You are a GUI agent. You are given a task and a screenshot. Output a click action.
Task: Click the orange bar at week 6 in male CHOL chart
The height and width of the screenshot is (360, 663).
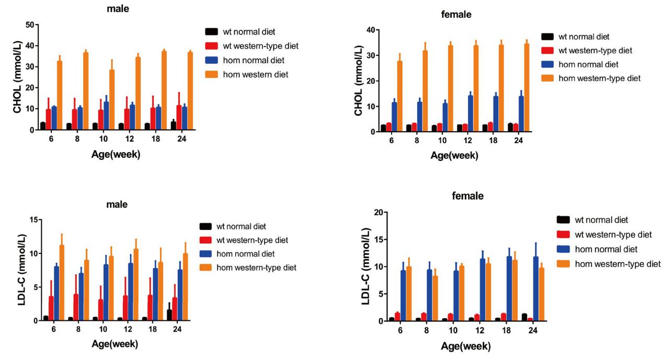click(x=60, y=95)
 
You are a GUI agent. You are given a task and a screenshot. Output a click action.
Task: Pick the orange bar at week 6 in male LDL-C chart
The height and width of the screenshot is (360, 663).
click(x=62, y=283)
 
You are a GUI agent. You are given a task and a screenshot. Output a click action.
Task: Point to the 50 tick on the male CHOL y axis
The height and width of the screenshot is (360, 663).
click(x=33, y=25)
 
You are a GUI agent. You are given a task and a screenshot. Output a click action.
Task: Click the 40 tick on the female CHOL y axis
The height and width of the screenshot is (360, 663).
click(x=369, y=30)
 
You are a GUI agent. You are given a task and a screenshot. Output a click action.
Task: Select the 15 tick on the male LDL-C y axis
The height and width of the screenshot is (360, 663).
click(x=33, y=219)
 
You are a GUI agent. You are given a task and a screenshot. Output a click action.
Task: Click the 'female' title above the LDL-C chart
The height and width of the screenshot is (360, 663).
click(x=468, y=196)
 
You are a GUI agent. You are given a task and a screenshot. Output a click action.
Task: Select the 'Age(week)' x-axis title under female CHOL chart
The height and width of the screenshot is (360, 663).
click(x=454, y=156)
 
